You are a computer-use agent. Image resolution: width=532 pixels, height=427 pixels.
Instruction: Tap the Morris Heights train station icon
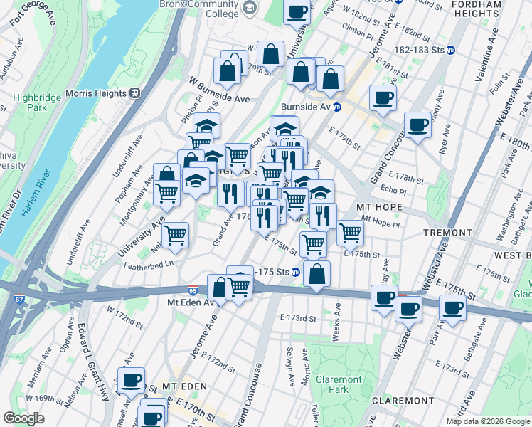pyautogui.click(x=134, y=93)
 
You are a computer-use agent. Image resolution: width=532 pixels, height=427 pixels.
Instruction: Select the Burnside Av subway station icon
pyautogui.click(x=339, y=107)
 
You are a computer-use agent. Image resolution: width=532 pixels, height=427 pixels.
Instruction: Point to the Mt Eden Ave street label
pyautogui.click(x=190, y=302)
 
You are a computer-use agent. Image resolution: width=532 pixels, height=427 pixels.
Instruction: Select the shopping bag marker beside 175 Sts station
pyautogui.click(x=317, y=272)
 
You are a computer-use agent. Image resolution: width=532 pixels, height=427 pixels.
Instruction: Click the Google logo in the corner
pyautogui.click(x=24, y=418)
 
